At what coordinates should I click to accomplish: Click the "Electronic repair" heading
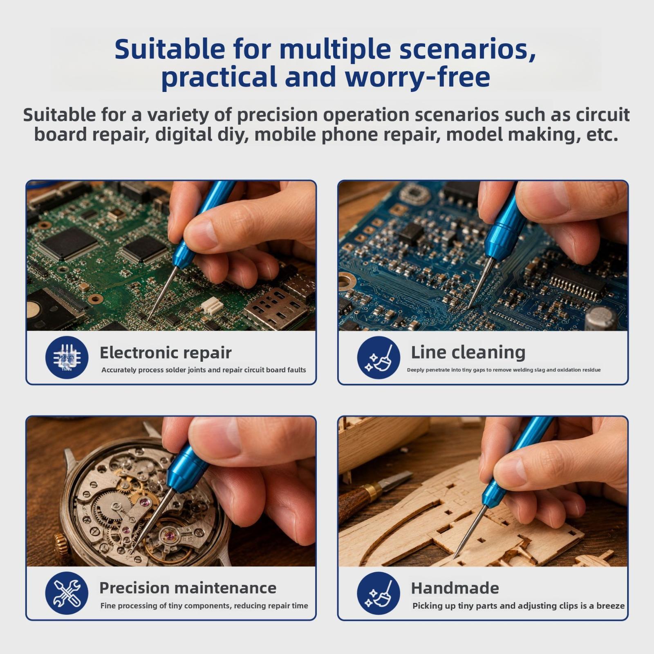click(166, 353)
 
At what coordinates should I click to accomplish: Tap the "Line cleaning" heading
click(468, 352)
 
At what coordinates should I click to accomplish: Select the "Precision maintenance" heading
click(188, 588)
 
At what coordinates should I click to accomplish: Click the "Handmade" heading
click(455, 589)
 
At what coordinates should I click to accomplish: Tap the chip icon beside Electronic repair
click(67, 358)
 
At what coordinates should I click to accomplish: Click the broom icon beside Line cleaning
click(379, 358)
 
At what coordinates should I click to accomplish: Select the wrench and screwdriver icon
click(67, 593)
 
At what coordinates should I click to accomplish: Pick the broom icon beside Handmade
click(379, 593)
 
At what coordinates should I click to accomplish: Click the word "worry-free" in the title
click(417, 77)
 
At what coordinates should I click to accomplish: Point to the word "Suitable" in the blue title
click(170, 49)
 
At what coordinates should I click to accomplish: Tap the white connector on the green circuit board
click(212, 305)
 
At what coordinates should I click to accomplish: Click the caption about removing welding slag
click(504, 370)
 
